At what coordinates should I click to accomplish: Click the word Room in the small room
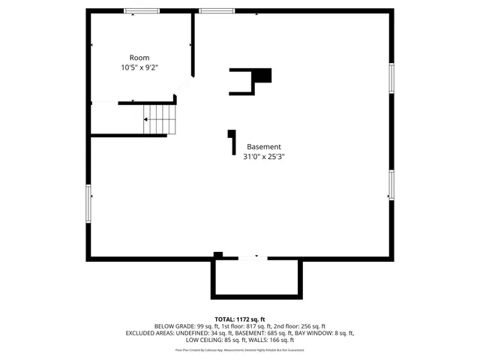pos(139,58)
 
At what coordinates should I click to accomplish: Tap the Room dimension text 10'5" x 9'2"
pos(139,67)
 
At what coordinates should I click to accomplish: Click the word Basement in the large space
pos(264,147)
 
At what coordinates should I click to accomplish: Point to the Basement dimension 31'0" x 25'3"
pos(264,157)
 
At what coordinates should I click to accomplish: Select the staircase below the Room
pos(157,118)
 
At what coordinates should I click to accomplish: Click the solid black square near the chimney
pos(262,75)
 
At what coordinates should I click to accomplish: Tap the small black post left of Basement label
pos(232,142)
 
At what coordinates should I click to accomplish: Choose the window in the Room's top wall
pos(142,10)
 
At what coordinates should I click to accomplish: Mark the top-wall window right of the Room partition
pos(217,10)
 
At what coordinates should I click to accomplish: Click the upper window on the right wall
pos(391,78)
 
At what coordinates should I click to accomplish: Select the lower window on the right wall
pos(391,184)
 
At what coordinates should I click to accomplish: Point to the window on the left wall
pos(88,202)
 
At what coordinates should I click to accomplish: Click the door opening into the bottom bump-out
pos(252,258)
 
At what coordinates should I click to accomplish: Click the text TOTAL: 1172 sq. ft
pos(240,319)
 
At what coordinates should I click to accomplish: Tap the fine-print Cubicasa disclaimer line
pos(240,349)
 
